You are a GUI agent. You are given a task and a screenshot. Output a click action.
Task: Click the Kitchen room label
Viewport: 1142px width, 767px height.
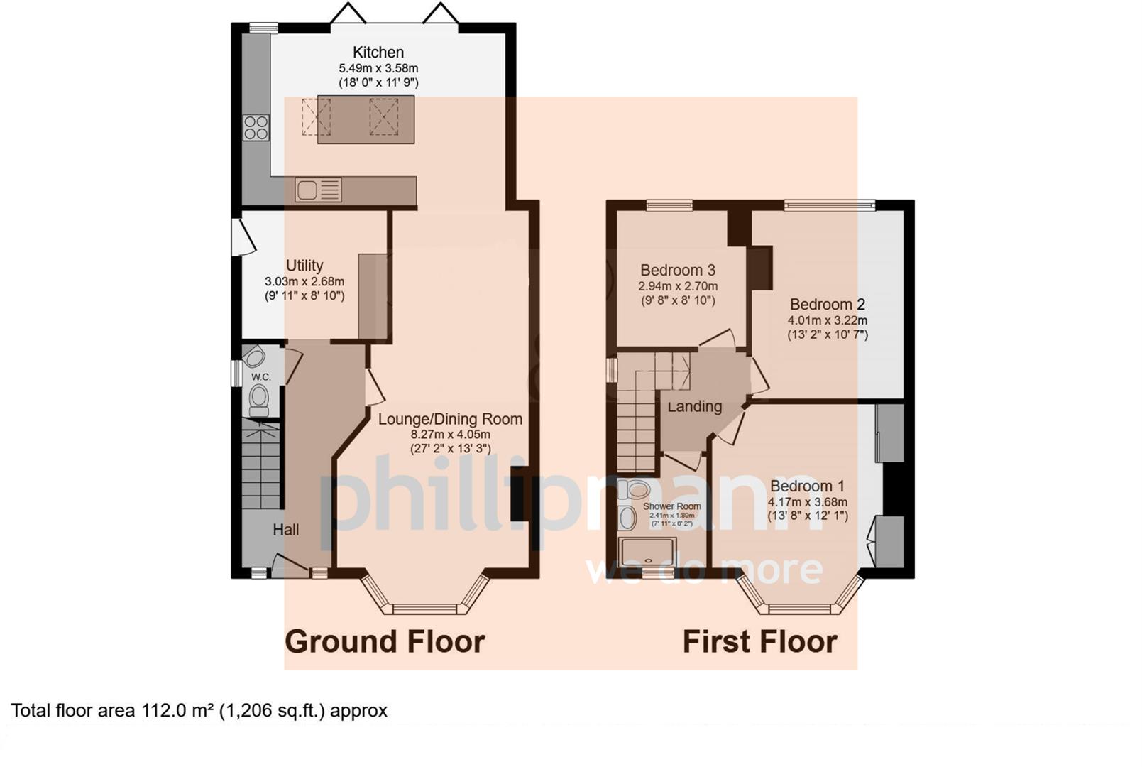(x=378, y=52)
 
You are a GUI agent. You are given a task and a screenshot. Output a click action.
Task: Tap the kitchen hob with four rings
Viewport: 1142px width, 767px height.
(x=256, y=127)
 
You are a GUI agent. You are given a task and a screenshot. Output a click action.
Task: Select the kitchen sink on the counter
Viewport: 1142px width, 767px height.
(x=308, y=190)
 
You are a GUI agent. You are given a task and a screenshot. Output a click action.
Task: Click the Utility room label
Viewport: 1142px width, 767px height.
(x=304, y=265)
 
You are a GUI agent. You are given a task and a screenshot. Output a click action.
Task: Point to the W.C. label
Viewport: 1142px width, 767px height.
(x=260, y=376)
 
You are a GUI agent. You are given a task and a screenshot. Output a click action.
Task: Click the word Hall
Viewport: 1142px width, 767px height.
(x=286, y=529)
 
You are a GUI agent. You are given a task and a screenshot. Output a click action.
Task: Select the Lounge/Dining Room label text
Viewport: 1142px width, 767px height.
(x=450, y=419)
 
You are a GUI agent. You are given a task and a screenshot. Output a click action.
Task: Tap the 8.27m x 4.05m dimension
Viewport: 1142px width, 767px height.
(x=450, y=434)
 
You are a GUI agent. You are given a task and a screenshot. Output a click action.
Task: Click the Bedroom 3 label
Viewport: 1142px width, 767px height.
(x=677, y=270)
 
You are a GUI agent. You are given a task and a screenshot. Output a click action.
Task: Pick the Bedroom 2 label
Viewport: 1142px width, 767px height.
(x=827, y=304)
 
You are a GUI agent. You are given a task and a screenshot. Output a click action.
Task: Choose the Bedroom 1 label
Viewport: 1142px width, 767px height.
(x=807, y=486)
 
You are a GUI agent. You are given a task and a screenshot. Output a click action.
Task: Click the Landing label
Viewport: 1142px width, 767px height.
(x=694, y=406)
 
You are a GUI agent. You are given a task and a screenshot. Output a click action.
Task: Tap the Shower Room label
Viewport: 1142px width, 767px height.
(x=671, y=506)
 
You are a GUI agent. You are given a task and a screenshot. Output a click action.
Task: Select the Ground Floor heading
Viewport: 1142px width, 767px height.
(x=385, y=641)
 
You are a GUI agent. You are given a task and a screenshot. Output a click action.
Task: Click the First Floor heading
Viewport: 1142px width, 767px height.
(x=759, y=641)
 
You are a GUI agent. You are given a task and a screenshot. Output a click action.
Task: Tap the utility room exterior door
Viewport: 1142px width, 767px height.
(x=243, y=236)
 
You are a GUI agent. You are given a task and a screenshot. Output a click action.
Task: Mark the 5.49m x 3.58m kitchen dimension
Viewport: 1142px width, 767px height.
(x=378, y=68)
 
